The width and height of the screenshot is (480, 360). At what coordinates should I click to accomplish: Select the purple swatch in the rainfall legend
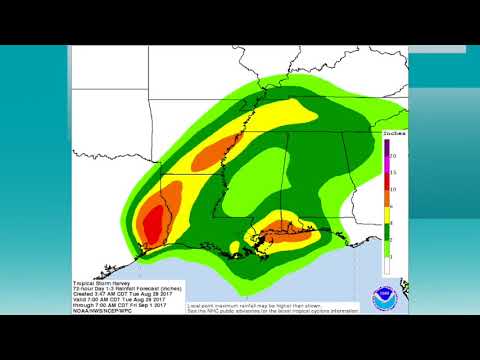coord(387,148)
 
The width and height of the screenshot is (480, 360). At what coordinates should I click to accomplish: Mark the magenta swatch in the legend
coord(387,166)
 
